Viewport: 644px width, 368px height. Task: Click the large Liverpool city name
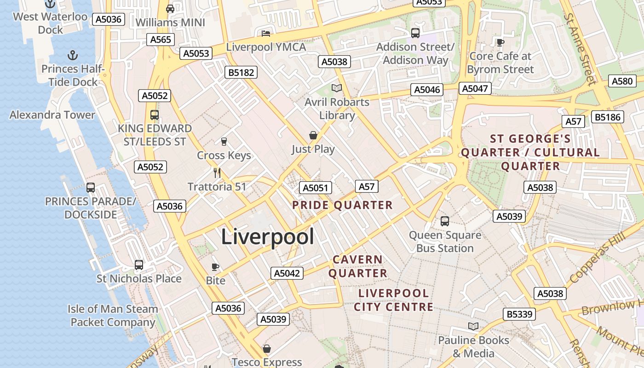[268, 237]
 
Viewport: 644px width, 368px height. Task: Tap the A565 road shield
[161, 40]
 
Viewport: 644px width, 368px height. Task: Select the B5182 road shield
[241, 72]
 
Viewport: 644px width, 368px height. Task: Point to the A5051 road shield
[315, 188]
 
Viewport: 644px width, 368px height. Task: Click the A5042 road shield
[287, 273]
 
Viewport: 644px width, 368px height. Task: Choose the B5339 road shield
[520, 314]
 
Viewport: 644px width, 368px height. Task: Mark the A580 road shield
[622, 81]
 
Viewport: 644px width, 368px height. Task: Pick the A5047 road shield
[475, 88]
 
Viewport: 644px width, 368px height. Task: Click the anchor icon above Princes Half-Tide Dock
[72, 56]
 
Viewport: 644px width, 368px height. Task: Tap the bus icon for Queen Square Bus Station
[445, 221]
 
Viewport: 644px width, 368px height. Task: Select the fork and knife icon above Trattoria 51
[217, 173]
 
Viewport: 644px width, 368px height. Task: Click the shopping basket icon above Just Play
[313, 135]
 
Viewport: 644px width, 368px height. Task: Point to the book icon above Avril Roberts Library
[337, 88]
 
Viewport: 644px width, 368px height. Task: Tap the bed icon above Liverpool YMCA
[266, 33]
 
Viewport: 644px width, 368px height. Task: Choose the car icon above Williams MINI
[170, 8]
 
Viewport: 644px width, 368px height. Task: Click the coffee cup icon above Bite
[215, 267]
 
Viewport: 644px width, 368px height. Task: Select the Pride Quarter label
[343, 205]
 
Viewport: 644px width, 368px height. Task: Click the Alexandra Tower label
[52, 115]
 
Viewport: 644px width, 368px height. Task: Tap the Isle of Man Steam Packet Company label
[113, 316]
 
